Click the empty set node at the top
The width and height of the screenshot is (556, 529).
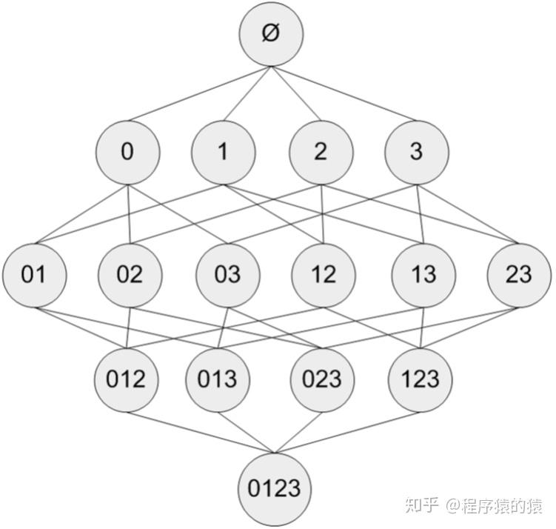tap(271, 34)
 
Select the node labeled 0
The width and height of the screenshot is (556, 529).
tap(127, 153)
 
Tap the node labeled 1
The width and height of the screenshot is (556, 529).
tap(223, 153)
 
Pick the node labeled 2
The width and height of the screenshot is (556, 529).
tap(321, 153)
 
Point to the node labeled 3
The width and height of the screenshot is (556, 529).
tap(416, 153)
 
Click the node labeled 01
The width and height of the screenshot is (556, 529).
tap(33, 275)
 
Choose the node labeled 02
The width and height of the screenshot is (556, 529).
tap(130, 275)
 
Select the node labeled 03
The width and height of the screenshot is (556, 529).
tap(227, 275)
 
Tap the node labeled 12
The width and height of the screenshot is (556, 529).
tap(324, 275)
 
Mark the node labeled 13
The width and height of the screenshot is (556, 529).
tap(423, 275)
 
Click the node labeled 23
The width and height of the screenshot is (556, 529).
tap(519, 275)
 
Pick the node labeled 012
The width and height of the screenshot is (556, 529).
tap(126, 379)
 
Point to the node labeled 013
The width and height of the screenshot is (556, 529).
tap(217, 379)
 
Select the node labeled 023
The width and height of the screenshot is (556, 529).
tap(322, 379)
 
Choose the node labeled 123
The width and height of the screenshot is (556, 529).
tap(419, 379)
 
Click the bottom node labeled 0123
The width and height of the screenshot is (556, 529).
tap(274, 488)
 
